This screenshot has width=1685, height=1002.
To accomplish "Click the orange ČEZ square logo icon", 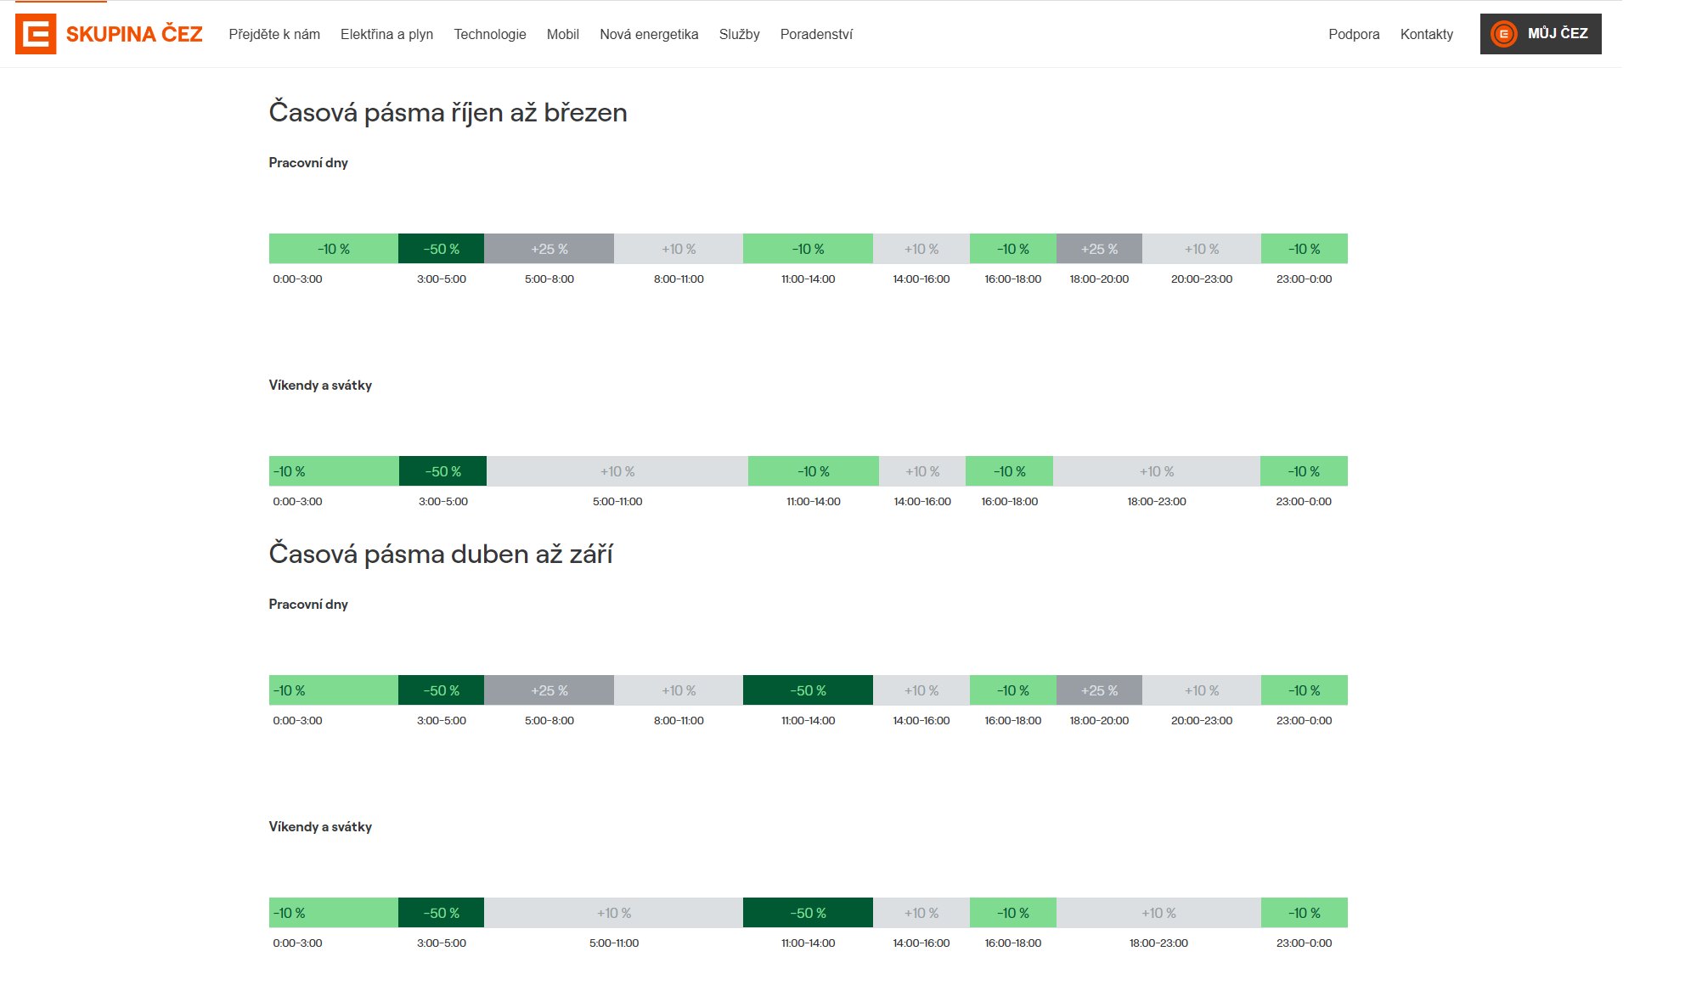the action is click(x=36, y=34).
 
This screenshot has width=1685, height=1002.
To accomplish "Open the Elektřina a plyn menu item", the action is click(x=386, y=34).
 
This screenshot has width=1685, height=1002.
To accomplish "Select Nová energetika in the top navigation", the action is click(x=649, y=34).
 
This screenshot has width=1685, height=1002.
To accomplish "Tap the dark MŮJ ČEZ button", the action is click(x=1541, y=34).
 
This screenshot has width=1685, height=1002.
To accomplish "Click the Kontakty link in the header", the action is click(x=1427, y=34).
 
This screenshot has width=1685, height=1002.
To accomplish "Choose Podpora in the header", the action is click(x=1354, y=34).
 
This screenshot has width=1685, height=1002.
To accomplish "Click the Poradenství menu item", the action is click(x=816, y=34).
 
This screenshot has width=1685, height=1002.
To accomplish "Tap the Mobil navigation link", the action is click(x=563, y=34).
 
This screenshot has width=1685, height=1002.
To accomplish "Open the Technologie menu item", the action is click(x=490, y=34).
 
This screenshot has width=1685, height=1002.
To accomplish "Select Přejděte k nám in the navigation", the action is click(x=274, y=34).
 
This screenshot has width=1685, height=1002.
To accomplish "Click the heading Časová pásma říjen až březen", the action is click(x=448, y=112).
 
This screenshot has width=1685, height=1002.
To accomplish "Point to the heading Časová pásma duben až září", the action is click(x=441, y=554).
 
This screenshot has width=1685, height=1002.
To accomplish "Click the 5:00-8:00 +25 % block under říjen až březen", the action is click(x=549, y=249).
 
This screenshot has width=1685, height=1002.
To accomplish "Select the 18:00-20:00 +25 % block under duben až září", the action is click(x=1099, y=690).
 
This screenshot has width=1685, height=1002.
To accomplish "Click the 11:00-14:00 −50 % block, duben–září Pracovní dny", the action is click(x=808, y=690).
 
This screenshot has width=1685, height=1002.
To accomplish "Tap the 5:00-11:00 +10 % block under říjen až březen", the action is click(x=617, y=471).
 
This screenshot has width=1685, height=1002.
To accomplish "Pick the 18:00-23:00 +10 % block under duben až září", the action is click(x=1158, y=913).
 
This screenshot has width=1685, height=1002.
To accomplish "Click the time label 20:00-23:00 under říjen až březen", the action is click(x=1202, y=279).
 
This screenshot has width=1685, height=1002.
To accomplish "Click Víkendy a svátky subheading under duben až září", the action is click(x=320, y=826).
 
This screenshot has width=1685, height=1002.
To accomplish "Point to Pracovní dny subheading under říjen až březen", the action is click(x=308, y=163).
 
